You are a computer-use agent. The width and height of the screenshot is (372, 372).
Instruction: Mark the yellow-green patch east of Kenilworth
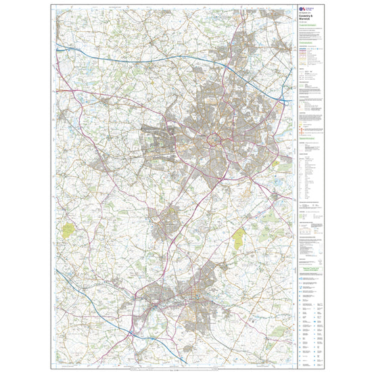[239, 237]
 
